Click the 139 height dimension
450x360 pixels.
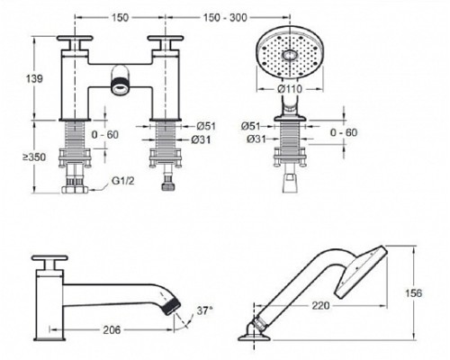pos(34,79)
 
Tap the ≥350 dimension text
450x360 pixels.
pos(34,157)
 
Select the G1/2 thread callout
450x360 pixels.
pos(123,181)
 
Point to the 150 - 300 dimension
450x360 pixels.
pos(225,18)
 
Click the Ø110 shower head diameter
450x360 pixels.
pos(290,89)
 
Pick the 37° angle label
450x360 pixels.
pos(203,310)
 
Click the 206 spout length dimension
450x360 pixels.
pos(112,330)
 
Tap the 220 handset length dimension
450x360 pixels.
pos(320,306)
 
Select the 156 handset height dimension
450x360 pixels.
pos(414,292)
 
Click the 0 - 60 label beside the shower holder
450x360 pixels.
pos(344,132)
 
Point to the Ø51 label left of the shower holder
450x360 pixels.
pos(250,126)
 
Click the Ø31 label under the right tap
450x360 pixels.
pos(201,139)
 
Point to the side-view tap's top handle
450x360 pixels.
pos(49,257)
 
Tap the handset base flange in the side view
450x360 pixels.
pos(255,338)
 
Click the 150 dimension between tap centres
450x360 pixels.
pos(120,18)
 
